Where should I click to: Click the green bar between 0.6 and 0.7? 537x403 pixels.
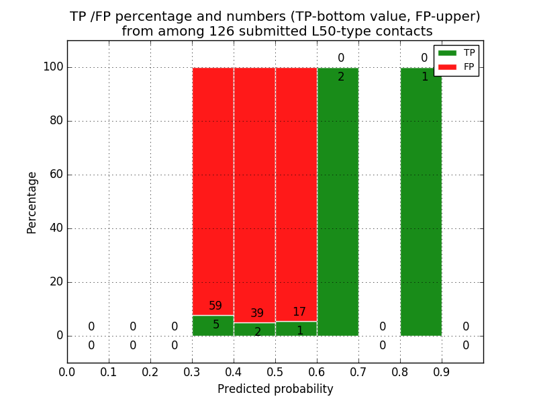click(338, 201)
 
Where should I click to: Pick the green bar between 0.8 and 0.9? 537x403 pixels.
click(421, 201)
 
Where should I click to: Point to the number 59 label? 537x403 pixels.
click(215, 306)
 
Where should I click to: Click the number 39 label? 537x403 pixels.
click(257, 314)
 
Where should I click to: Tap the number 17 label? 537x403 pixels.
click(299, 312)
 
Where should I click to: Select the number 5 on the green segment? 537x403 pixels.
click(216, 325)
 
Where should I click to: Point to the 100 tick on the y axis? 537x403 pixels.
click(53, 67)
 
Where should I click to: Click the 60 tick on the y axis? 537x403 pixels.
click(56, 175)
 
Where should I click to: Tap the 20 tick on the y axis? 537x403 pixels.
click(56, 282)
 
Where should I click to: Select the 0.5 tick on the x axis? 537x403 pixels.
click(275, 371)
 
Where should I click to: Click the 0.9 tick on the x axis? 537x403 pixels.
click(442, 371)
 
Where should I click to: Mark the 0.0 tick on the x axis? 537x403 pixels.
click(67, 371)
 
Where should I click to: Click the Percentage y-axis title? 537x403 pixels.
click(32, 202)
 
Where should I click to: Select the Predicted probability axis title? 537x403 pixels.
click(275, 389)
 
